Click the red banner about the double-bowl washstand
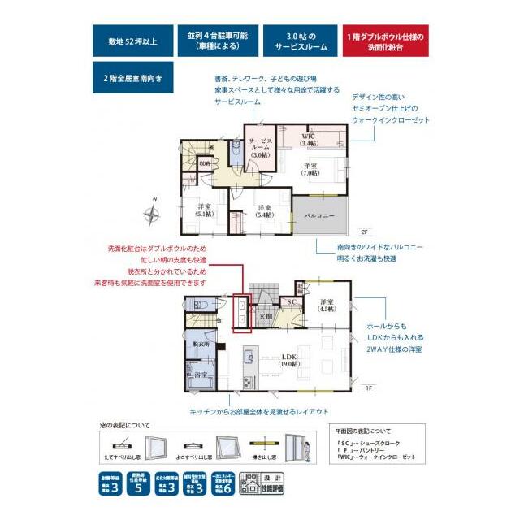point(386,42)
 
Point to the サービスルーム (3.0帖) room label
point(260,146)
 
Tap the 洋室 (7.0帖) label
point(310,169)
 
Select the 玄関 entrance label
point(266,316)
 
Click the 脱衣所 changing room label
point(202,344)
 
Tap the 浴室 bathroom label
point(201,375)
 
